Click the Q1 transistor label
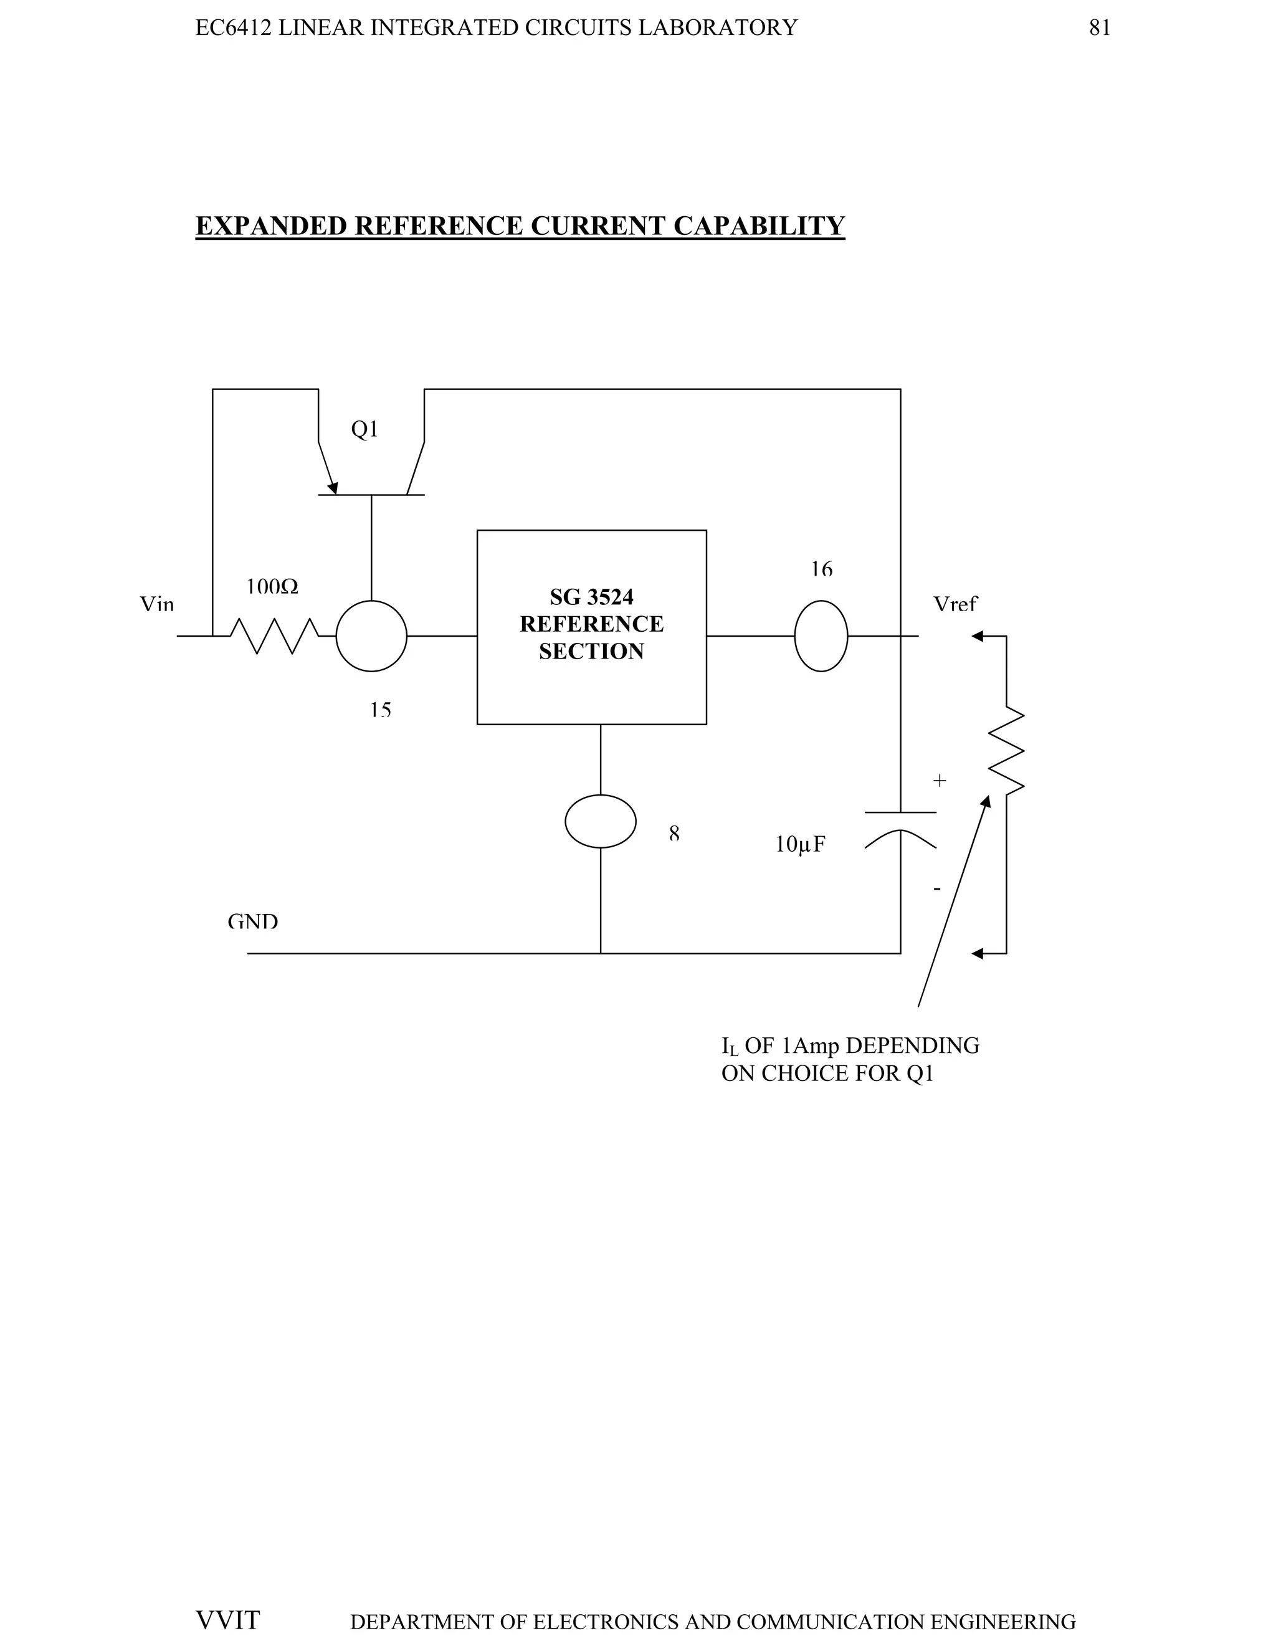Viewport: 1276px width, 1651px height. click(x=364, y=429)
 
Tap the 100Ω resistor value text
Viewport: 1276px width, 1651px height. click(x=272, y=587)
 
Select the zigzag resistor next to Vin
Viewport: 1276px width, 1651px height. click(x=274, y=635)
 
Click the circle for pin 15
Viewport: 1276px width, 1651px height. click(x=371, y=635)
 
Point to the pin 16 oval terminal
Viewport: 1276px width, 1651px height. click(x=821, y=635)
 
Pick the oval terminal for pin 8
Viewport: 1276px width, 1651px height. click(x=600, y=821)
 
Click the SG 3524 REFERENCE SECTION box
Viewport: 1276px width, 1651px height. click(x=591, y=627)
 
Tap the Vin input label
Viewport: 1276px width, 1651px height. click(x=156, y=604)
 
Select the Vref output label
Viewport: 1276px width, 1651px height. click(x=955, y=604)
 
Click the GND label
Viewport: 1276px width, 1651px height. click(x=252, y=921)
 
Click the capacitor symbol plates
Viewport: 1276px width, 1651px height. click(x=900, y=828)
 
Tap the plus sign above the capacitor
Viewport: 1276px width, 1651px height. click(x=939, y=781)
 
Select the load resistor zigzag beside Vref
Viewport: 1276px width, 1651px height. click(x=1006, y=750)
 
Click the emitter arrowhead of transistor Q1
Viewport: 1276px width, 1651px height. click(x=332, y=488)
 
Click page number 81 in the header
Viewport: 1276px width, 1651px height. click(x=1099, y=28)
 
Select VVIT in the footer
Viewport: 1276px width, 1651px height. click(x=227, y=1620)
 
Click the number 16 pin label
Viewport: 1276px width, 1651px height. click(x=821, y=568)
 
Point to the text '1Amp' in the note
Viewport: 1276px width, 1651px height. click(x=809, y=1045)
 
